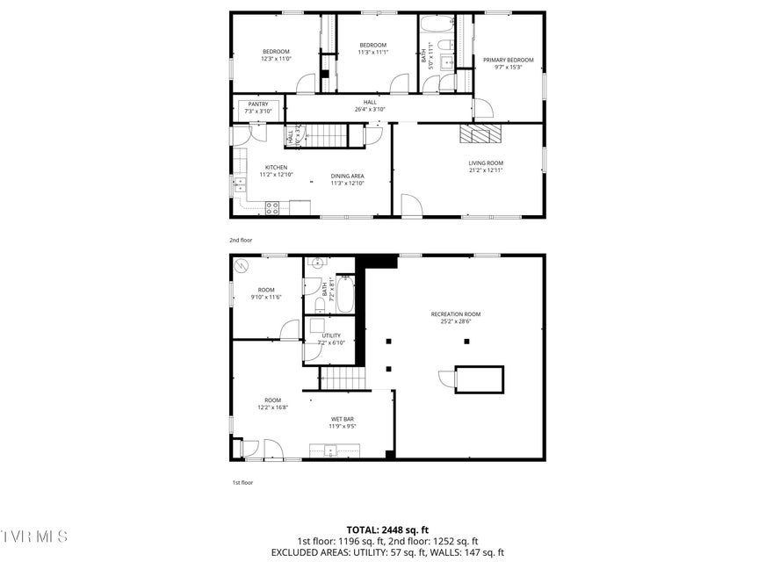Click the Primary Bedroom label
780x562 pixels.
(508, 60)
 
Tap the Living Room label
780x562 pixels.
(485, 162)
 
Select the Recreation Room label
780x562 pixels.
(455, 313)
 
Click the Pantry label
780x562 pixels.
(257, 104)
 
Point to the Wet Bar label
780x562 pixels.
(343, 419)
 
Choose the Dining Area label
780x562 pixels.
(347, 176)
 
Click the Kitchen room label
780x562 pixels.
(276, 168)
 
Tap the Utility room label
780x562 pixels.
(331, 335)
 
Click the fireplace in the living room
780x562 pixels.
(480, 133)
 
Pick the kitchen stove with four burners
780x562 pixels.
(273, 207)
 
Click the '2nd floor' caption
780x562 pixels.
(242, 239)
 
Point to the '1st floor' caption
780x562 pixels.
(242, 482)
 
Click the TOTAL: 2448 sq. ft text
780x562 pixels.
(388, 530)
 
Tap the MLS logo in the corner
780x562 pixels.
(35, 536)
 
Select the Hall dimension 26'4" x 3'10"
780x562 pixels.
(370, 110)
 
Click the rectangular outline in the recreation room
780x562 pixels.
(479, 379)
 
